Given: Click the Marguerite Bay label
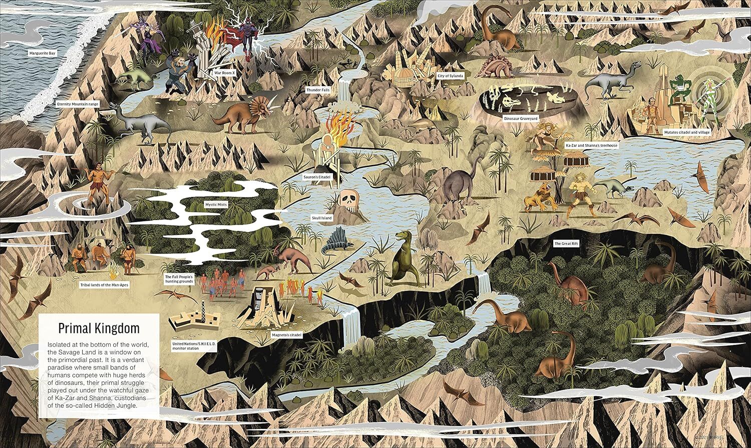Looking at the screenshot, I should click(42, 52).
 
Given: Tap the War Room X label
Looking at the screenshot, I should click(225, 72).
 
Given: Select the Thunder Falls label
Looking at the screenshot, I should click(318, 90).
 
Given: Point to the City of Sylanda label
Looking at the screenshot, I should click(450, 76).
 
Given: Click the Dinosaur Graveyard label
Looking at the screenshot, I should click(521, 118).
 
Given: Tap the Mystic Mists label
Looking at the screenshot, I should click(216, 204).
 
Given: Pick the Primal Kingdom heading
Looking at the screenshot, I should click(99, 328).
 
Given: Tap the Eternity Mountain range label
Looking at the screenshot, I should click(78, 104).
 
